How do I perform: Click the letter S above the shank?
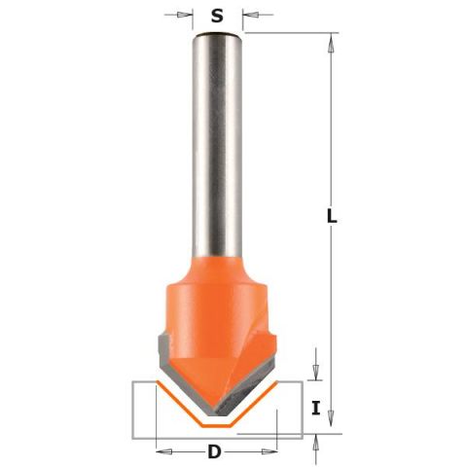coord(217,16)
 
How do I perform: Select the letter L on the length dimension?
coord(332,216)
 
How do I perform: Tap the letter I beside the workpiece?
coord(316,408)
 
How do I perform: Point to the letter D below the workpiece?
coord(214,451)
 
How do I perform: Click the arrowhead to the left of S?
coord(184,15)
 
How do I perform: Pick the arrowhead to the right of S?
coord(251,15)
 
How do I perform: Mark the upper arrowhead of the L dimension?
coord(331,42)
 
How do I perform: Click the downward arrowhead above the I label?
coord(315,372)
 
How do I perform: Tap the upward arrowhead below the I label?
coord(315,443)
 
